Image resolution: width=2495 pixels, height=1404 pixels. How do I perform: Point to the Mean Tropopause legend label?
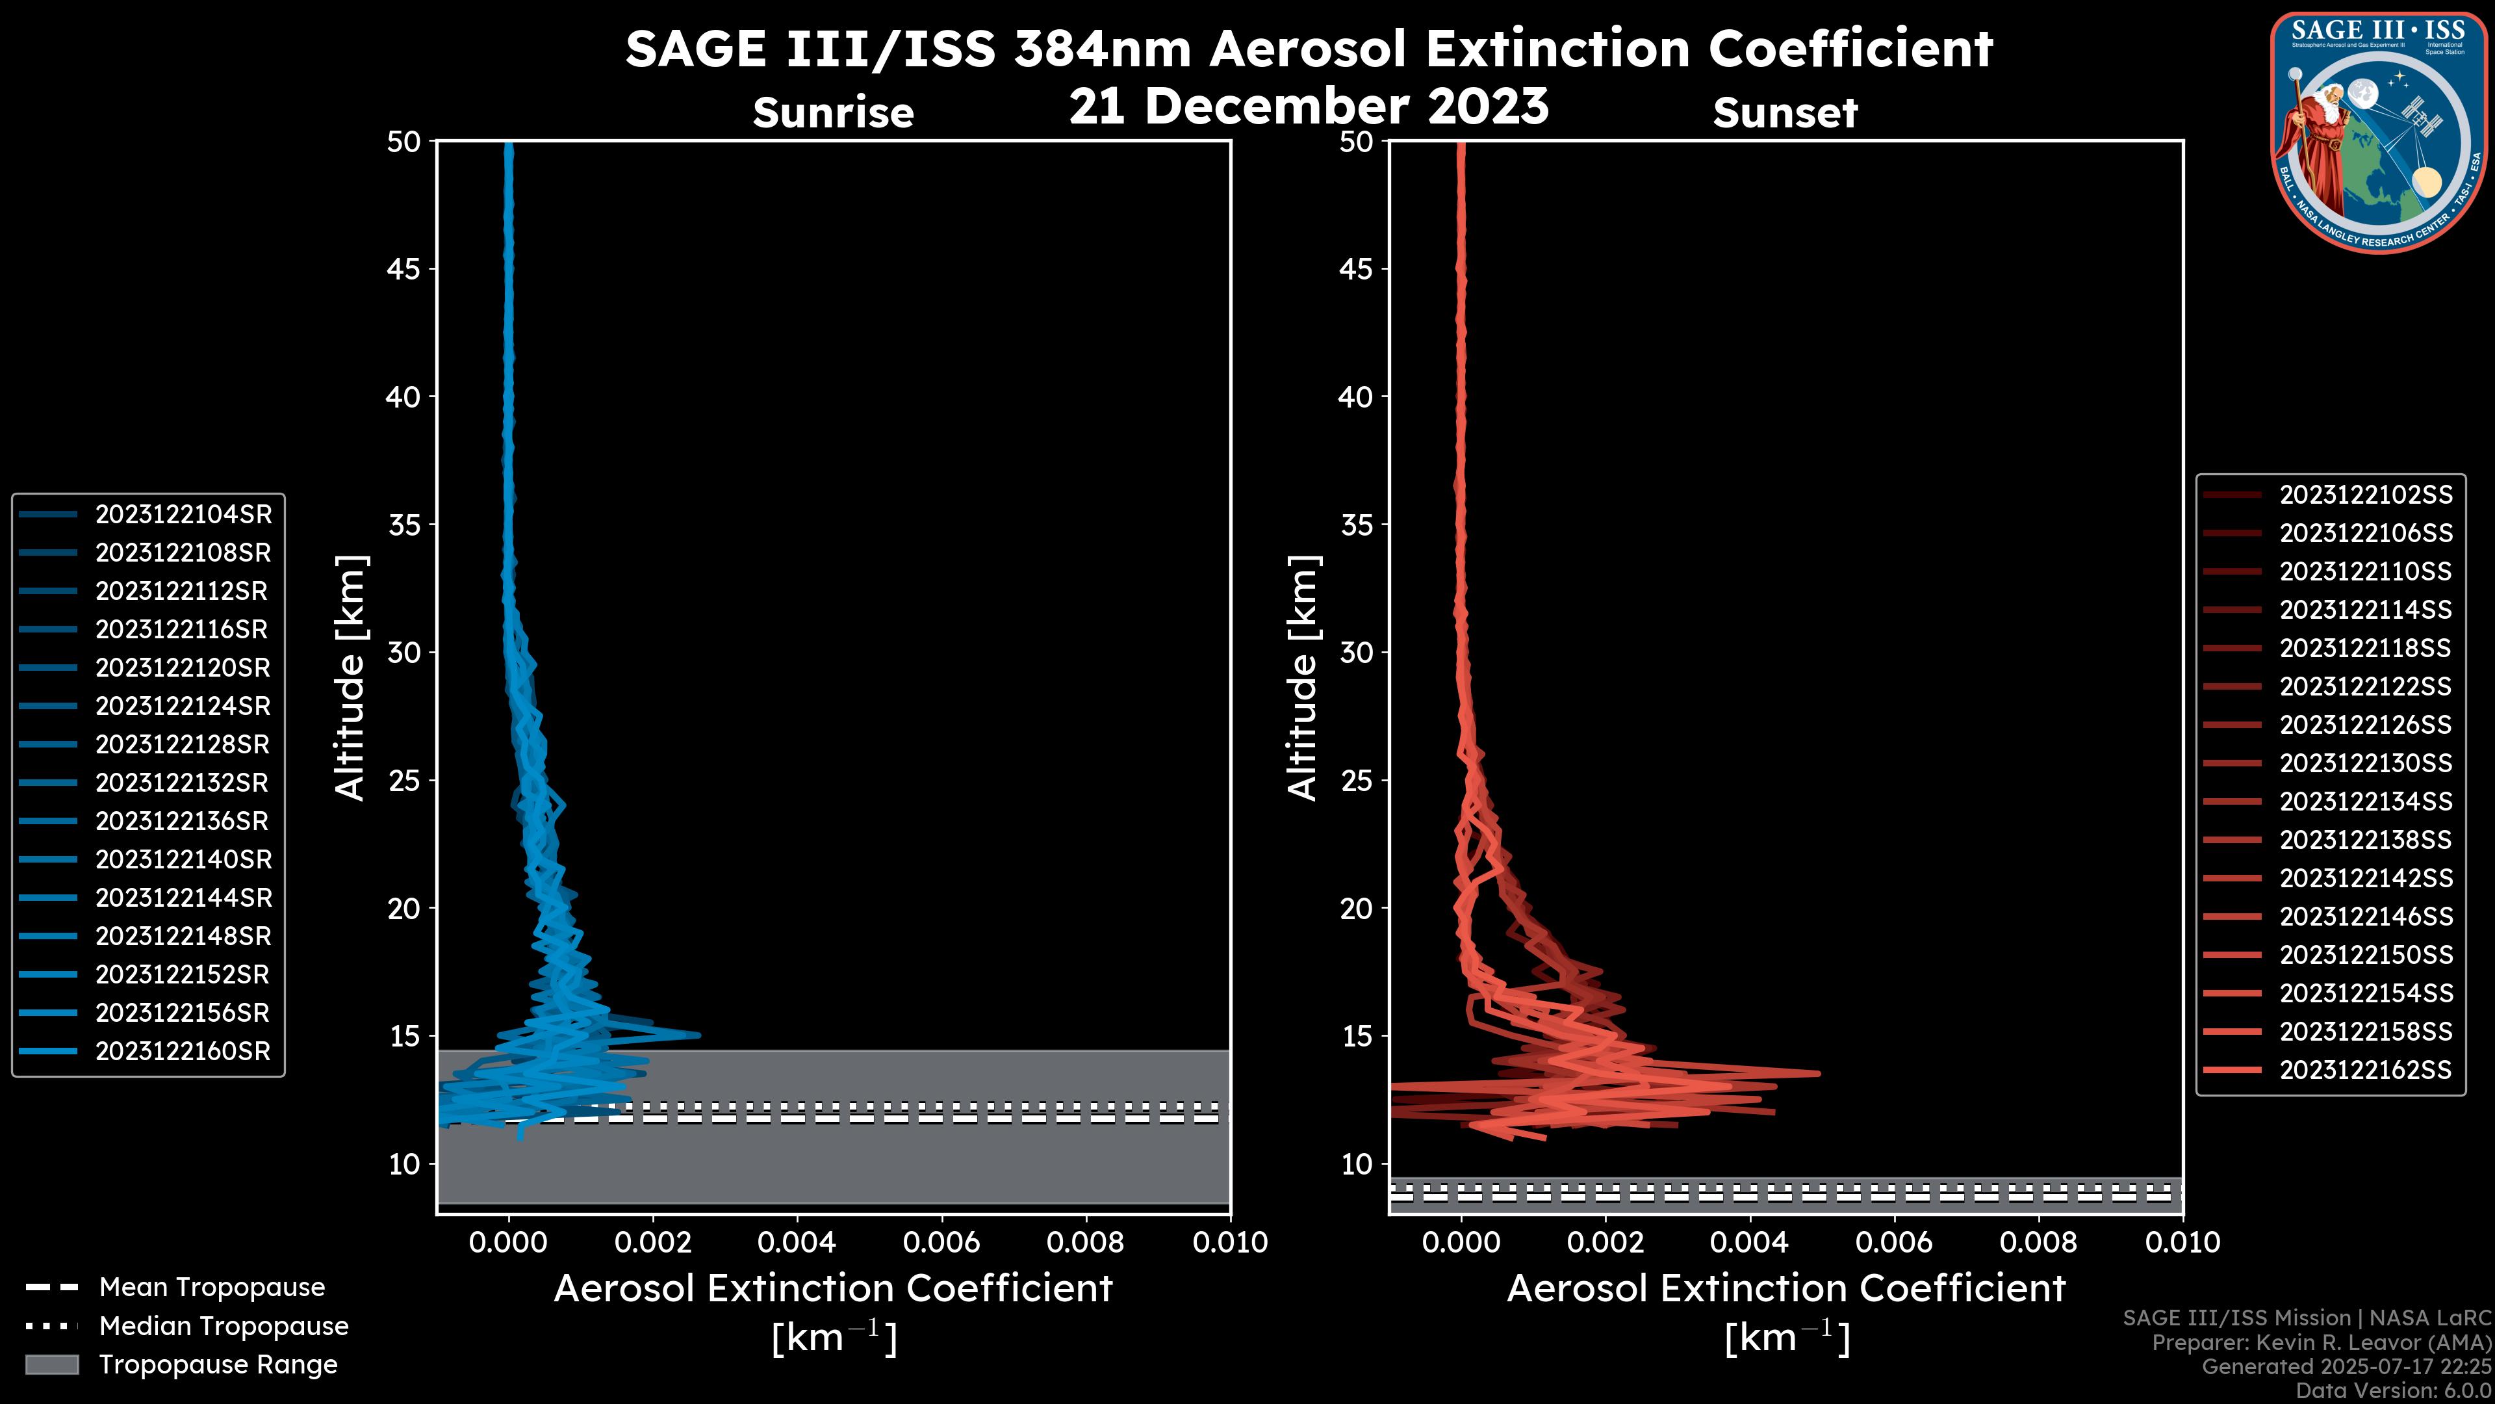point(212,1287)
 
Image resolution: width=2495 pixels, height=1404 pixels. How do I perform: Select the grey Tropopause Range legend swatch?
point(51,1364)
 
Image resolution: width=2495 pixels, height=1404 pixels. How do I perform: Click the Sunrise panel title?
point(833,112)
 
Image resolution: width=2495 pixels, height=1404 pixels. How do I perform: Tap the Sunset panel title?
point(1785,112)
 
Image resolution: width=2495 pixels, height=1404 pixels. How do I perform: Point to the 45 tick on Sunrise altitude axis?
point(404,268)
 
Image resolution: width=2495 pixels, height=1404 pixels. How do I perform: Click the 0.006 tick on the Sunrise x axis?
point(941,1242)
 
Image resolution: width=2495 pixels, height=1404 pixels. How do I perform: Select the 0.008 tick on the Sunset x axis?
point(2039,1242)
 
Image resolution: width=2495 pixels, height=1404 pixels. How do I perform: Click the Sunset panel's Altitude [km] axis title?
point(1303,677)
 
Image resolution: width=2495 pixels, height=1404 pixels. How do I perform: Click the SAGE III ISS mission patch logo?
point(2376,133)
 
